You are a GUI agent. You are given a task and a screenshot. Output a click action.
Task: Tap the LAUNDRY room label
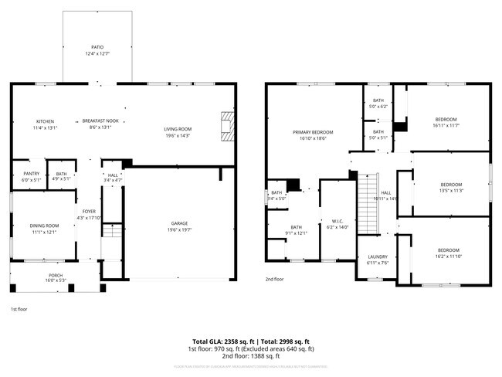[377, 259]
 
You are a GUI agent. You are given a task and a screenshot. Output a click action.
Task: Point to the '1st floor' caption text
[19, 309]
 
